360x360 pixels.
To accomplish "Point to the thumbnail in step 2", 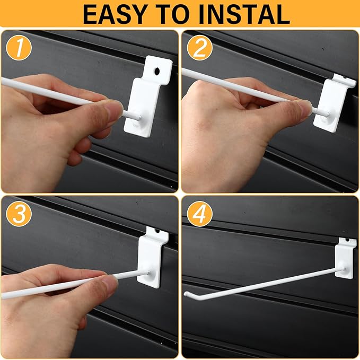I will click(304, 107).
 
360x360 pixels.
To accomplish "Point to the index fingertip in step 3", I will click(110, 283).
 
